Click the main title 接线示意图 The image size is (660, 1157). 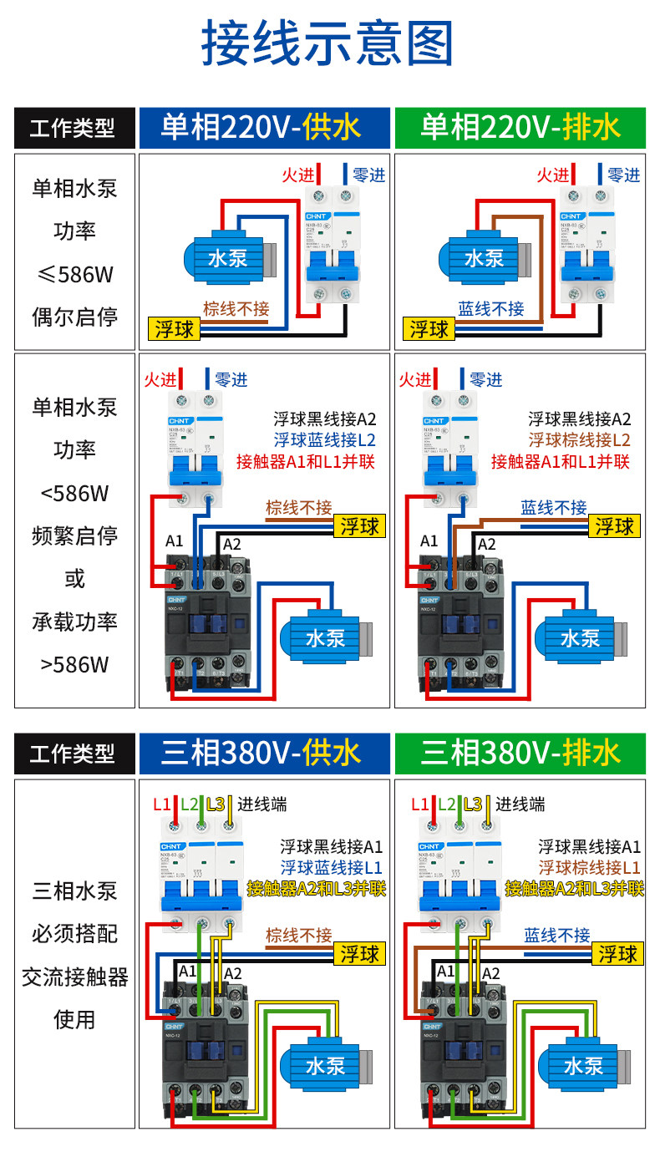[x=329, y=43]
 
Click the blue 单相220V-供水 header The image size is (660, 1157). [x=264, y=128]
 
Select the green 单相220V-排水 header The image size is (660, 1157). [x=520, y=128]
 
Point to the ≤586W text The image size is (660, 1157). [x=75, y=274]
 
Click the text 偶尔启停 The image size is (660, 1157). [x=75, y=317]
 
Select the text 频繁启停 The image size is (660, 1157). [x=75, y=535]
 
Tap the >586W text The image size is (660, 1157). [x=75, y=665]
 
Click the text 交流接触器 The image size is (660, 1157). [x=75, y=977]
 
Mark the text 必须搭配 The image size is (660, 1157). [x=75, y=933]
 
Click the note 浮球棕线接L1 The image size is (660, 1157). [x=590, y=867]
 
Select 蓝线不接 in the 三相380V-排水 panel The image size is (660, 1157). [x=556, y=935]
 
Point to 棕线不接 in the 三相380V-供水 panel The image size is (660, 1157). [x=298, y=935]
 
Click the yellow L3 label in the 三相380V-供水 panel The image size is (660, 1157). [x=216, y=804]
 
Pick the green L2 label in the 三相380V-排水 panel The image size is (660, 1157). [x=449, y=804]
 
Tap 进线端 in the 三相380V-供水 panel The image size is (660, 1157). [x=262, y=804]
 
